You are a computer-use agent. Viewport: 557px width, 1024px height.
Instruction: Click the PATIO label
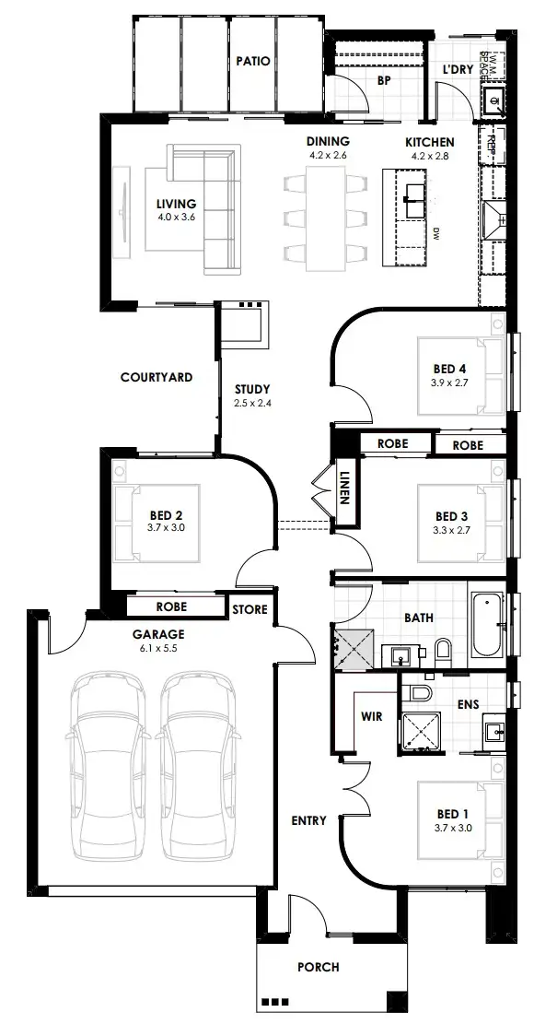point(252,62)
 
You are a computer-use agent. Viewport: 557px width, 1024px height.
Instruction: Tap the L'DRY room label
point(457,70)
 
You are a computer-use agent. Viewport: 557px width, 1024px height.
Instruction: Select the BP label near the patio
point(385,80)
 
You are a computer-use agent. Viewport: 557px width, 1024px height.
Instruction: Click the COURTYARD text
point(156,377)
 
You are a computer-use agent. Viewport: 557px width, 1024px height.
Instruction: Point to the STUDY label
point(251,389)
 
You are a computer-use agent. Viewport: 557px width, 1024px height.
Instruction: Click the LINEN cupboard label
point(346,482)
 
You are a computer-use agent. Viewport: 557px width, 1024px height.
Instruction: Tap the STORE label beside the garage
point(249,609)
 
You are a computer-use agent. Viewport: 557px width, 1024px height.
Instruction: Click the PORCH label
point(319,967)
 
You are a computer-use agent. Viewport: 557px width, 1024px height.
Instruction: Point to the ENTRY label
point(308,820)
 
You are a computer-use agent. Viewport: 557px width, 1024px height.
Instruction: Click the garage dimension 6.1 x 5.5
point(158,648)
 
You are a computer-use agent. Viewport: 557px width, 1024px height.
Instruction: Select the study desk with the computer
point(244,323)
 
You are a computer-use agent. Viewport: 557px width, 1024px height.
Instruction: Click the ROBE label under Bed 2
point(171,607)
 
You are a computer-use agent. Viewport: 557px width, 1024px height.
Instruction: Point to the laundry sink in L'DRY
point(493,99)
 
